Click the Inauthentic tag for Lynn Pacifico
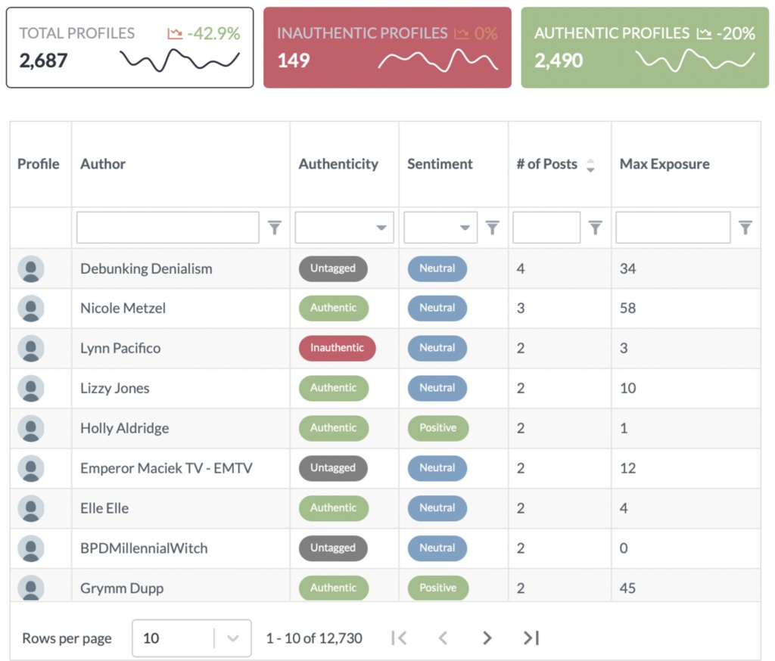(337, 348)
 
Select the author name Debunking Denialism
(146, 268)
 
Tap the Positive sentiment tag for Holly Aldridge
(437, 428)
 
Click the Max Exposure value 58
(627, 309)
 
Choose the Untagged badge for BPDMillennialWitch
(332, 548)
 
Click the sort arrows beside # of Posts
(590, 165)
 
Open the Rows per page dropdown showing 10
(191, 638)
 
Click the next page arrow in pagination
(487, 638)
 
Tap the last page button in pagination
(531, 638)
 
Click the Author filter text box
(167, 228)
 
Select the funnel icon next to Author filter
(275, 228)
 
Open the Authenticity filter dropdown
(344, 228)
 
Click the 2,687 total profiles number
(44, 61)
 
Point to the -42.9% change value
(213, 33)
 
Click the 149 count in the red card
(294, 61)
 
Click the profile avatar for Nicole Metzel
(31, 309)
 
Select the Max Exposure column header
(665, 164)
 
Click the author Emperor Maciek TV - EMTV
(167, 468)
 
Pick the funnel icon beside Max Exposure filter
(745, 228)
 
